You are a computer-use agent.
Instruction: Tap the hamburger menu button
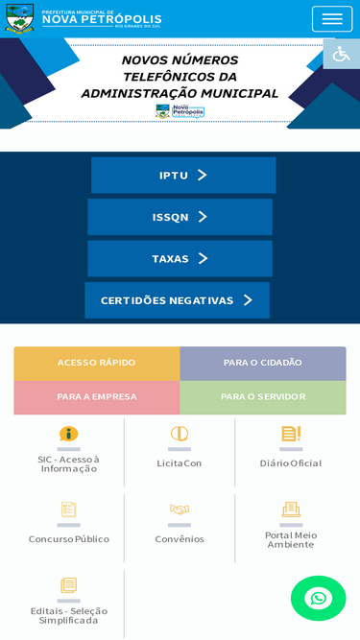[332, 19]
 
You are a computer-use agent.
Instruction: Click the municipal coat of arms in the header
[19, 18]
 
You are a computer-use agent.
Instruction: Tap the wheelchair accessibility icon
[341, 54]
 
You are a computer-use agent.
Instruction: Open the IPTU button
[183, 175]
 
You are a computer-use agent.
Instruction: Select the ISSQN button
[180, 217]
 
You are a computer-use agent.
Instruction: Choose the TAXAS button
[180, 258]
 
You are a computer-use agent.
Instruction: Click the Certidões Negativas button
[178, 300]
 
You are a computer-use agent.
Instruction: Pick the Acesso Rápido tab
[97, 364]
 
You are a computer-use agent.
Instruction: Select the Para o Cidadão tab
[263, 364]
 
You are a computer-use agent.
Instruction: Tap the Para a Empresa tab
[97, 397]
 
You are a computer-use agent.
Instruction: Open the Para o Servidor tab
[263, 397]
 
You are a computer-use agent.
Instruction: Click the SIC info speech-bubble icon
[68, 434]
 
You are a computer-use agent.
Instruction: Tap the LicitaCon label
[180, 463]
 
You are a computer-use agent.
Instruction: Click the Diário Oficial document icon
[291, 434]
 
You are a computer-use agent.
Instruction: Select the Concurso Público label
[69, 539]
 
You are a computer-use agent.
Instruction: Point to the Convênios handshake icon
[180, 510]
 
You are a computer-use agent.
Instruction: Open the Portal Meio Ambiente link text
[291, 540]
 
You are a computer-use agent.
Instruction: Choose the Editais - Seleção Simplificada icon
[68, 585]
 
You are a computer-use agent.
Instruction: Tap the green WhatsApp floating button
[319, 599]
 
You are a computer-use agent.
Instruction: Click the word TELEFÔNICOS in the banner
[180, 77]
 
